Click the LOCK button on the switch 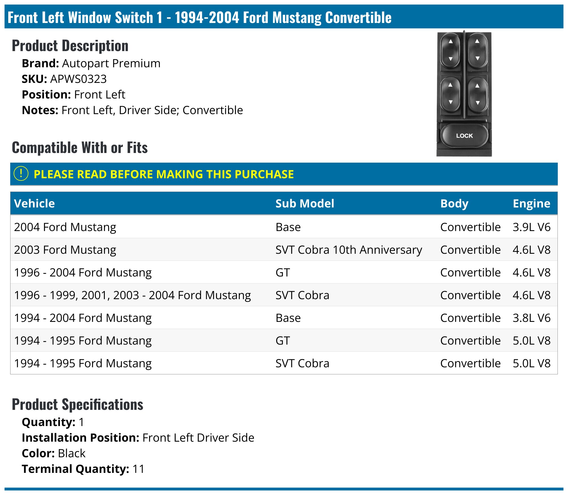click(464, 136)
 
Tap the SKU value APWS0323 click(78, 79)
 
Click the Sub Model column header click(305, 204)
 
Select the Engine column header click(531, 204)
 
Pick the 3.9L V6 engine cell click(531, 227)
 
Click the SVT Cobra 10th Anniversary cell click(348, 250)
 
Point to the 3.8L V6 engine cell click(531, 318)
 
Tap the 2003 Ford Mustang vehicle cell click(65, 250)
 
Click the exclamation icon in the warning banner click(21, 173)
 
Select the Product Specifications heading click(78, 404)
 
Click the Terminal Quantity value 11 click(138, 469)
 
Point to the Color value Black click(72, 453)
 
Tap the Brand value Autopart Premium click(111, 63)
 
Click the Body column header click(454, 204)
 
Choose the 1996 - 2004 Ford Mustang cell click(83, 272)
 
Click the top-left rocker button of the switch click(450, 50)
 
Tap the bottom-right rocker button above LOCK click(478, 94)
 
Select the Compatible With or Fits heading click(80, 148)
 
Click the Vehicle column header click(34, 204)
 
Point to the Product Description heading click(70, 46)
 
